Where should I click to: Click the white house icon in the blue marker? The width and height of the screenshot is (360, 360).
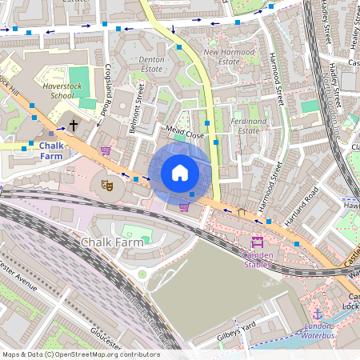(180, 173)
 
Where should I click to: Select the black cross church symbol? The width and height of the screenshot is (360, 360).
(74, 126)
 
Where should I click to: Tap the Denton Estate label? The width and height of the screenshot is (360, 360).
(150, 65)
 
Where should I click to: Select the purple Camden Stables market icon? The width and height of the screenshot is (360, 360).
(258, 241)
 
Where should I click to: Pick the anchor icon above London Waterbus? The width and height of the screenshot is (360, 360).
(317, 314)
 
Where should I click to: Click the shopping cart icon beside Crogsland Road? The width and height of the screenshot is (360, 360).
(105, 150)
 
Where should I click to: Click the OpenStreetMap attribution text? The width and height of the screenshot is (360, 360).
(80, 354)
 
